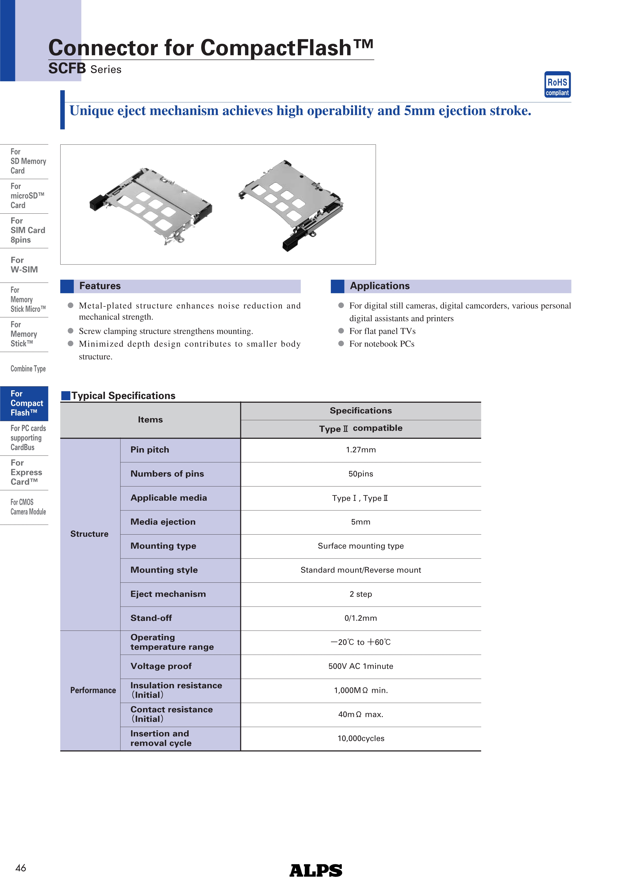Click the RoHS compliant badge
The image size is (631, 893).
(x=557, y=85)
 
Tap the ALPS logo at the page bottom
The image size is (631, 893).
(x=316, y=870)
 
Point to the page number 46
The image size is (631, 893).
(x=21, y=868)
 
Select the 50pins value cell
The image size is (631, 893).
(x=360, y=474)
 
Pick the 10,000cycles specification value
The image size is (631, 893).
(x=360, y=738)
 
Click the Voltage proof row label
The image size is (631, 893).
(x=161, y=666)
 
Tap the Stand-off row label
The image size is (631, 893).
(x=151, y=618)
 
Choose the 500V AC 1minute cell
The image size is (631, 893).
(x=360, y=666)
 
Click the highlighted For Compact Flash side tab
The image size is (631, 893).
(x=24, y=403)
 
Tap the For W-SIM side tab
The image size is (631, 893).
(x=24, y=265)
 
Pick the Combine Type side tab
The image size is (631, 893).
(x=28, y=369)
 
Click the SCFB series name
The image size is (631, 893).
(x=67, y=69)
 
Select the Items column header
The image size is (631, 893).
(x=150, y=420)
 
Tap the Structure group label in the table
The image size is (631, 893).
(x=89, y=534)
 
